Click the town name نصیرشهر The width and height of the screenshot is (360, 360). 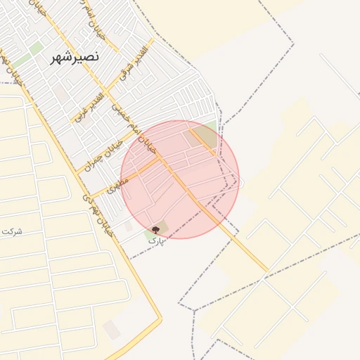pos(75,58)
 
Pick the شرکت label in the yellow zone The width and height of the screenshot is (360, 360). pos(11,231)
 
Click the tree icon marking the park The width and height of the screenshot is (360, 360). pos(155,230)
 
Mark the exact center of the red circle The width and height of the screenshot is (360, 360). pos(180,180)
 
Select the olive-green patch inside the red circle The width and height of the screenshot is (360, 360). pos(195,137)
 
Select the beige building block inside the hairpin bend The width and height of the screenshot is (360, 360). pos(111,329)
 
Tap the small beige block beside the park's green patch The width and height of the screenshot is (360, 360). pos(129,227)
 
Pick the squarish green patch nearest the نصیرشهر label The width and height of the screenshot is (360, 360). pos(36,49)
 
